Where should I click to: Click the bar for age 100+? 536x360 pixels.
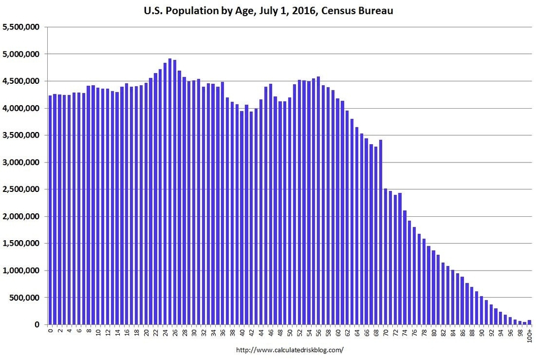coord(529,322)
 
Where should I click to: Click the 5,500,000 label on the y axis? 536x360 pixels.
coord(21,27)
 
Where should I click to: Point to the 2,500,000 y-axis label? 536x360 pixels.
coord(21,189)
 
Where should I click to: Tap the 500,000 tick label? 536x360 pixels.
coord(24,298)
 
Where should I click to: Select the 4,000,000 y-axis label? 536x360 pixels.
coord(21,108)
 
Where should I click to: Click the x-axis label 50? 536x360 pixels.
coord(290,333)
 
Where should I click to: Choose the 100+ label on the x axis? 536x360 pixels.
coord(530,336)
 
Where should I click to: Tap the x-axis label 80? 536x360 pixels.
coord(434,333)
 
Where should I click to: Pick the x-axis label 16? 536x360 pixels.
coord(127,333)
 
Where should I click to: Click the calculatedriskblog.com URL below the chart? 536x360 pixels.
coord(290,350)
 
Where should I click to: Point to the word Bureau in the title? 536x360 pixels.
coord(375,10)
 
